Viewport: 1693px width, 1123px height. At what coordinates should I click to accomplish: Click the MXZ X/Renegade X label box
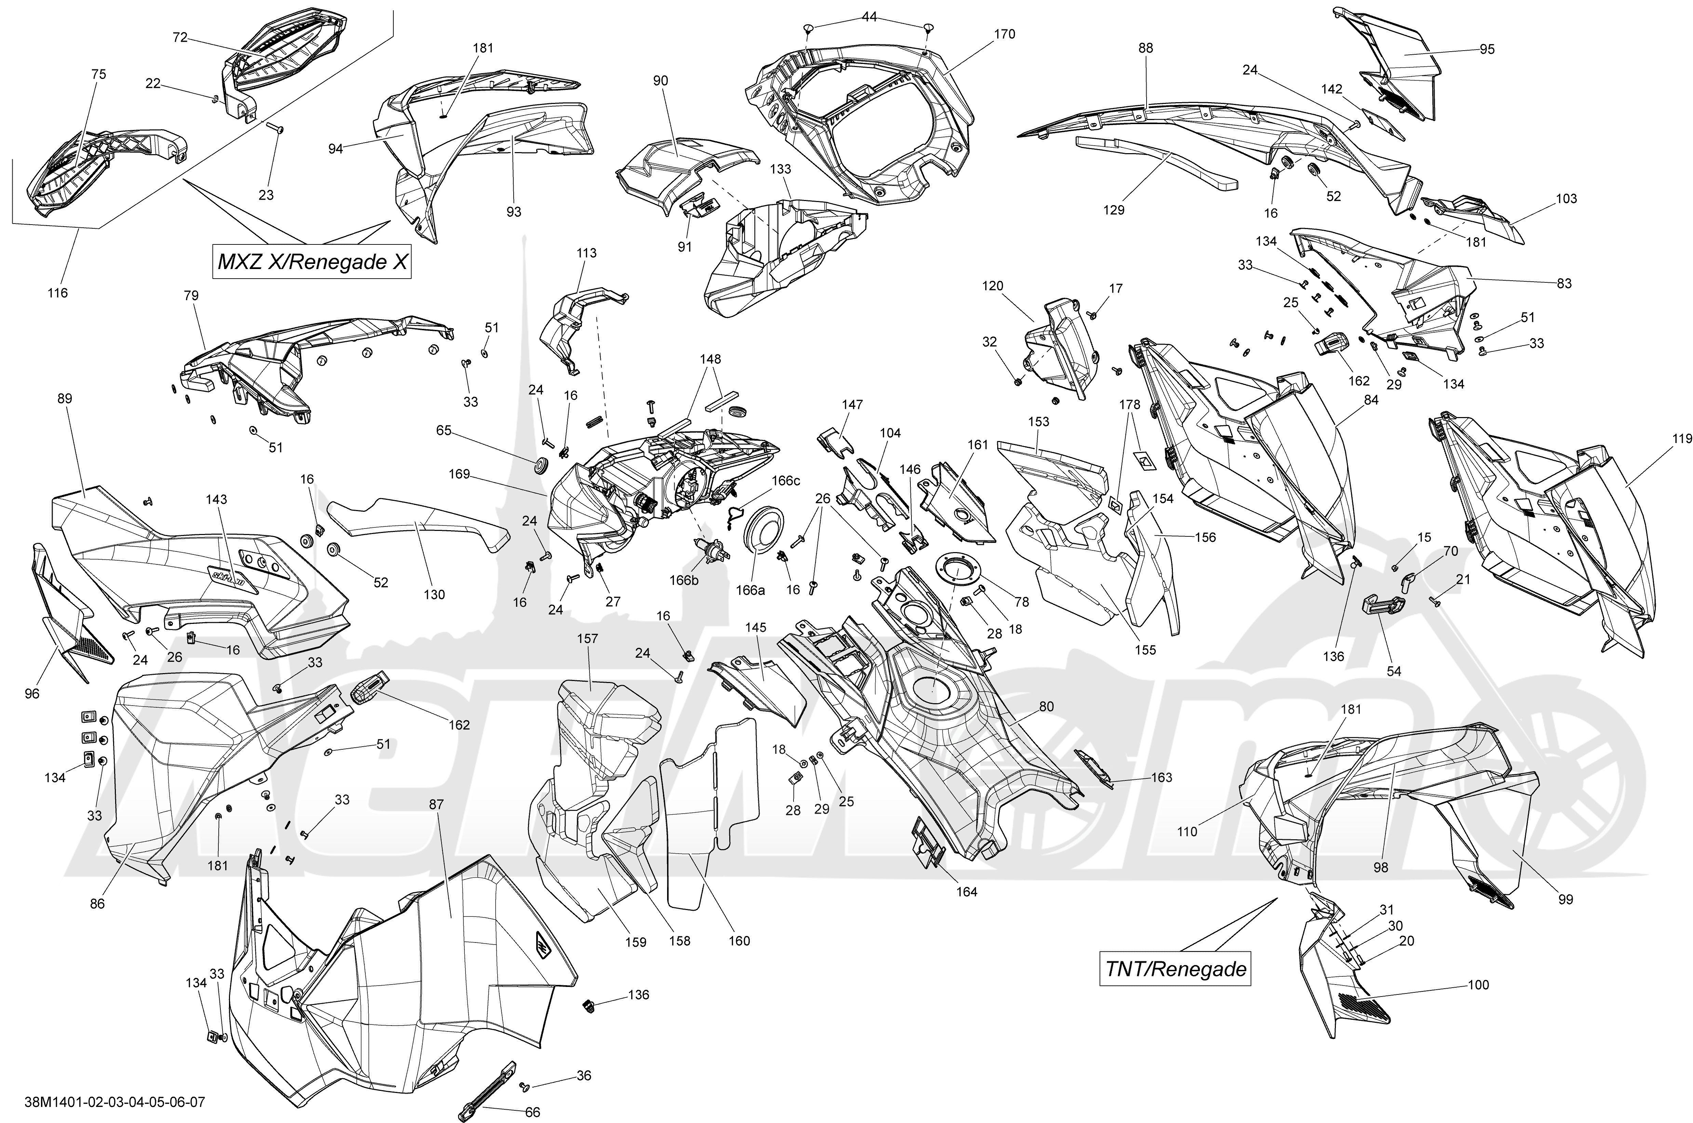[x=313, y=262]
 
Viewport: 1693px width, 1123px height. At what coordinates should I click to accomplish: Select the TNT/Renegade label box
[x=1176, y=970]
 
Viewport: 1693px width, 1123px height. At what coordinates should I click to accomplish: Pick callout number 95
[x=1488, y=50]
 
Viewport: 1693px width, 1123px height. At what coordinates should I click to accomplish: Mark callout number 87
[x=437, y=804]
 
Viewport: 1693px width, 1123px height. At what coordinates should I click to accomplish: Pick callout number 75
[x=99, y=75]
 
